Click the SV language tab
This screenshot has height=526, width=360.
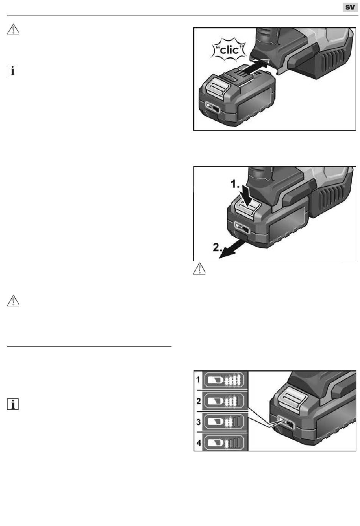[350, 8]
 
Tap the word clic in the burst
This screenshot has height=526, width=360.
[229, 50]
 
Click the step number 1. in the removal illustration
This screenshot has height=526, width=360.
[235, 184]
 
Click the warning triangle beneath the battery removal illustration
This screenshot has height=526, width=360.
[199, 268]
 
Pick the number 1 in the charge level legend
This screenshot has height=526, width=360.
[198, 379]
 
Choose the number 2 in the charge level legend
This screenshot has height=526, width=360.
[199, 401]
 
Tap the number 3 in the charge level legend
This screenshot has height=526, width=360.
[199, 422]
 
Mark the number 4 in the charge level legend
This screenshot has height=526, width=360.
[199, 443]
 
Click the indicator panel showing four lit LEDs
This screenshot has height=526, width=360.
[225, 380]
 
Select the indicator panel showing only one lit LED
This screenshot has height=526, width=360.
[225, 443]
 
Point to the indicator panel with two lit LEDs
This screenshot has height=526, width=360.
[225, 422]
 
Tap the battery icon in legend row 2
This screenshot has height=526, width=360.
[216, 401]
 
